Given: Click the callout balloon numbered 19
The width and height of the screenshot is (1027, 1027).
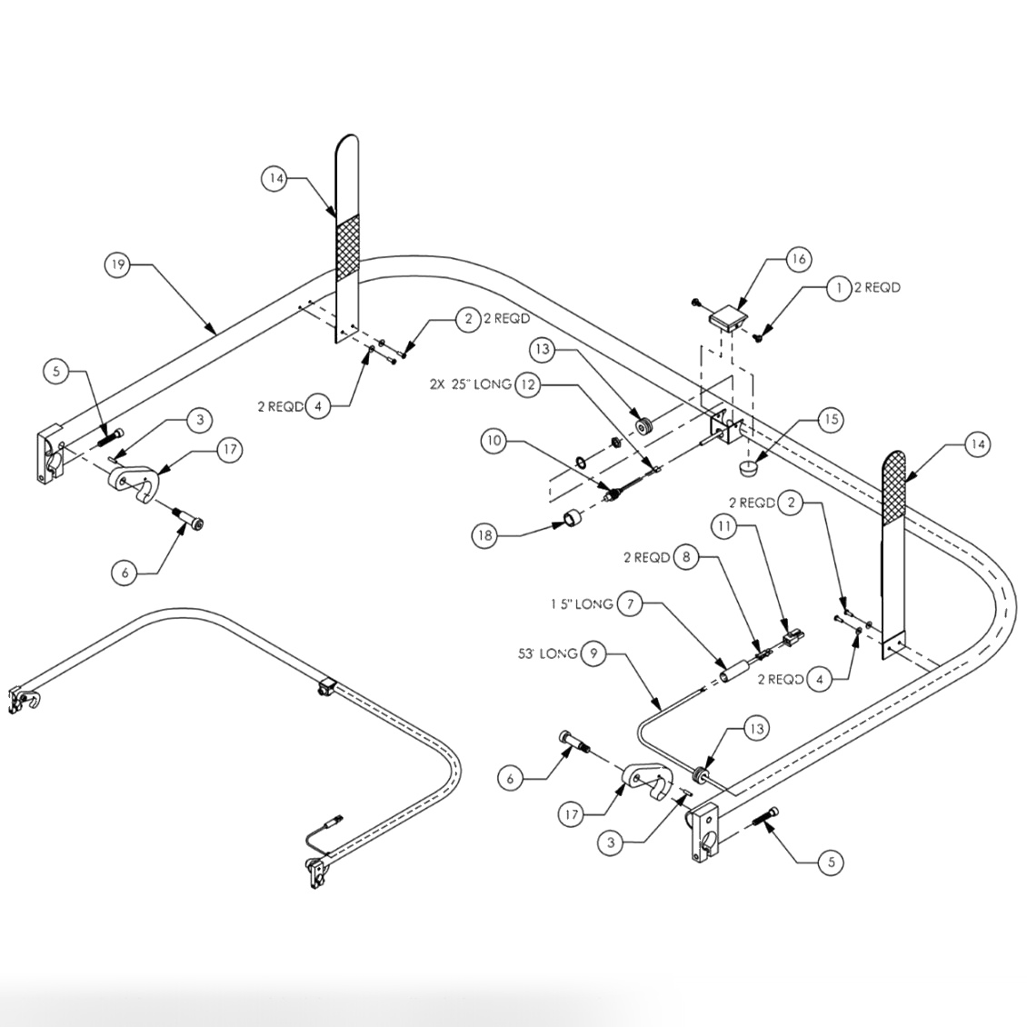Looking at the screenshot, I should pos(117,265).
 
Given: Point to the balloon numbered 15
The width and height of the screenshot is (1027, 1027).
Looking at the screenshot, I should pos(830,419).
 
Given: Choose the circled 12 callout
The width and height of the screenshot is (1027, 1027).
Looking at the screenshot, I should pos(528,384).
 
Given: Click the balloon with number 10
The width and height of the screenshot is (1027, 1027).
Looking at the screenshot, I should pos(494,442).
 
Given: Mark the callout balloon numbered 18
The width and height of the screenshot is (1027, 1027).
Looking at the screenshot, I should pos(484,535).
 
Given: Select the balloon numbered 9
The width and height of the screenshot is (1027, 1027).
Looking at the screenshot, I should pos(593,653).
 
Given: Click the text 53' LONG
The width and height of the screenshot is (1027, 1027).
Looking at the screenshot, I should pos(545,653).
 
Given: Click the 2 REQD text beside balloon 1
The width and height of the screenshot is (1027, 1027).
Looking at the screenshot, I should pos(877,288).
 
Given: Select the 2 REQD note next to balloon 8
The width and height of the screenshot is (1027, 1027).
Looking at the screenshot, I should pos(646,557).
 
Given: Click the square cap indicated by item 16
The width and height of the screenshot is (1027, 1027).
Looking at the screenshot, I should pos(727,319).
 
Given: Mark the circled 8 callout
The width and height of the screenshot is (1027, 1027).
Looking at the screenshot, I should pos(686,557).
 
